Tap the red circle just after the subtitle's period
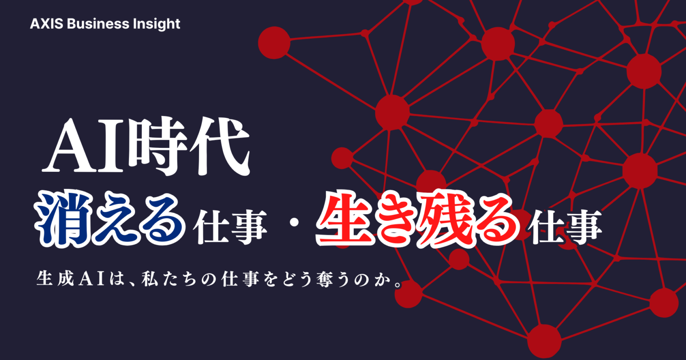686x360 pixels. (408, 294)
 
